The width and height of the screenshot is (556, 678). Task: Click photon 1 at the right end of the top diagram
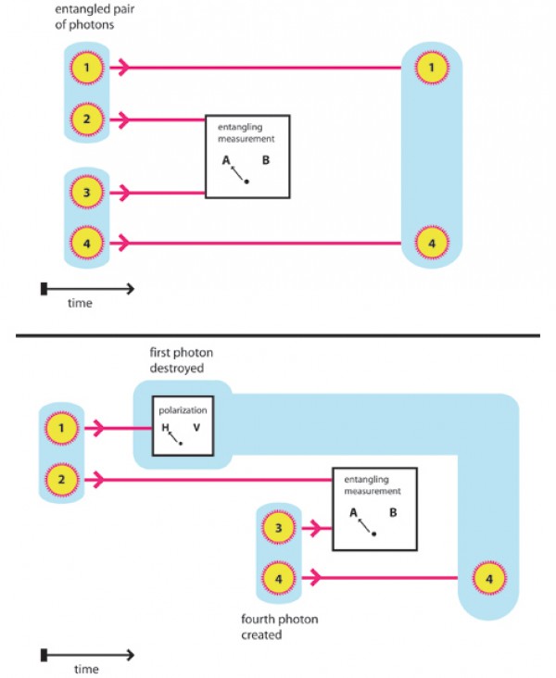[429, 67]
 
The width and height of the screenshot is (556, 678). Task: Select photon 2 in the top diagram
[85, 119]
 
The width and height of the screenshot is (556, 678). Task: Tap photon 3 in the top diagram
[85, 193]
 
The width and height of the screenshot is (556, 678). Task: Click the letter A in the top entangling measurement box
[225, 160]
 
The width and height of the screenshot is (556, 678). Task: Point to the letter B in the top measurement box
[265, 160]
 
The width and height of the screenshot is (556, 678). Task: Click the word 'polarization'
[182, 408]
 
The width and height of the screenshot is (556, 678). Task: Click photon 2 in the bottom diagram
[60, 479]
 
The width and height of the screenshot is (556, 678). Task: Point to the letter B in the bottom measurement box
[393, 512]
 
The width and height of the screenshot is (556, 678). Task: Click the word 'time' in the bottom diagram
[86, 670]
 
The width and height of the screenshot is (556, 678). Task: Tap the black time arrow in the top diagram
[89, 289]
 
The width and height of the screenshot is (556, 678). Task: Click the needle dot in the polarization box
[181, 444]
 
